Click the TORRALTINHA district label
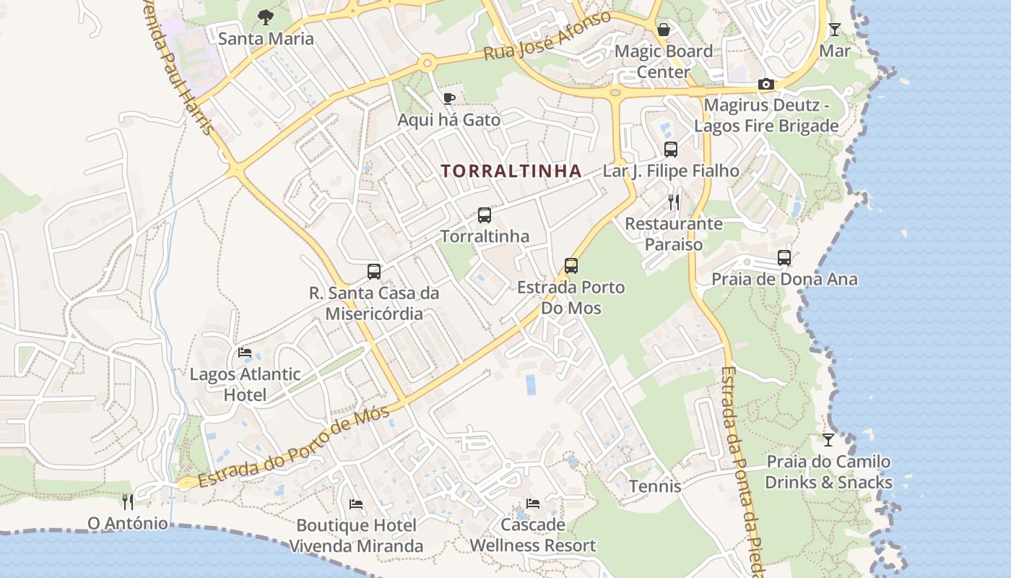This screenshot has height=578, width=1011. pyautogui.click(x=511, y=171)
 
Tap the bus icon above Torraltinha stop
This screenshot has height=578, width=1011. pyautogui.click(x=485, y=215)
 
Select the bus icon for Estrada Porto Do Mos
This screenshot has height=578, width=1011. pyautogui.click(x=571, y=266)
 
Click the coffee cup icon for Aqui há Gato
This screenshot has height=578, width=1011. pyautogui.click(x=448, y=98)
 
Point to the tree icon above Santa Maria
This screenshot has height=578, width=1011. pyautogui.click(x=266, y=17)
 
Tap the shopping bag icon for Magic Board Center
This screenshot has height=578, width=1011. pyautogui.click(x=663, y=30)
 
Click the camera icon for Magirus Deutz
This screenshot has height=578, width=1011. pyautogui.click(x=766, y=85)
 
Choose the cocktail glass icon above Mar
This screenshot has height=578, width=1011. pyautogui.click(x=835, y=30)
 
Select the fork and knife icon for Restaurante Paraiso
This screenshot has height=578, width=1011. pyautogui.click(x=674, y=202)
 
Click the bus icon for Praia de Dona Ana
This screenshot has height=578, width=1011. pyautogui.click(x=784, y=258)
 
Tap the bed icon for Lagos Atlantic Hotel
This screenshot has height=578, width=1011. pyautogui.click(x=245, y=353)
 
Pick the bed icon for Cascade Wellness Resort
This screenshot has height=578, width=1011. pyautogui.click(x=533, y=504)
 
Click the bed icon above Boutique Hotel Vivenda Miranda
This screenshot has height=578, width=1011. pyautogui.click(x=356, y=504)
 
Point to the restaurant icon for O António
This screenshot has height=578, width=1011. pyautogui.click(x=128, y=501)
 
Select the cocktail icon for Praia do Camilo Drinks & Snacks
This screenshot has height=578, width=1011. pyautogui.click(x=828, y=440)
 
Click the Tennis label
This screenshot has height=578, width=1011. pyautogui.click(x=655, y=486)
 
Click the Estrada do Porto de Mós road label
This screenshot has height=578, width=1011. pyautogui.click(x=294, y=447)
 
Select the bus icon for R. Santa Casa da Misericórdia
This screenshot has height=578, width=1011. pyautogui.click(x=374, y=272)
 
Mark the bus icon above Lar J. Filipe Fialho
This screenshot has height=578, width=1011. pyautogui.click(x=671, y=150)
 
